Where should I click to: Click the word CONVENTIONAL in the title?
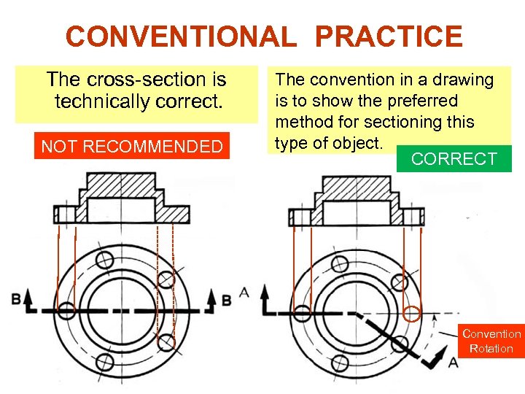click(x=181, y=36)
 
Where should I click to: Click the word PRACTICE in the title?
click(x=389, y=36)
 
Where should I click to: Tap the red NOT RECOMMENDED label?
click(x=132, y=146)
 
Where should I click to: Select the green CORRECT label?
click(x=454, y=158)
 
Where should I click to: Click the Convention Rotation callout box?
click(x=491, y=341)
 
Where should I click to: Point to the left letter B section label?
click(x=16, y=298)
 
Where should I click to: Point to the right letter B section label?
click(x=227, y=300)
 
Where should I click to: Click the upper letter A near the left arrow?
click(x=244, y=293)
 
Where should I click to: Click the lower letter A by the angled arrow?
click(x=453, y=362)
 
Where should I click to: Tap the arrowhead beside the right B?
click(x=211, y=295)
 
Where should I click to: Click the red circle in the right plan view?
click(x=412, y=314)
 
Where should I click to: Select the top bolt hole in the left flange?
click(x=105, y=259)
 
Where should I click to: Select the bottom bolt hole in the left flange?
click(x=105, y=362)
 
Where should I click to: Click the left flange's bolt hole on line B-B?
click(x=66, y=310)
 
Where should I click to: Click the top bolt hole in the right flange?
click(x=340, y=263)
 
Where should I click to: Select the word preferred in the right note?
click(x=422, y=101)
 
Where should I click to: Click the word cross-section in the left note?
click(x=146, y=80)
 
